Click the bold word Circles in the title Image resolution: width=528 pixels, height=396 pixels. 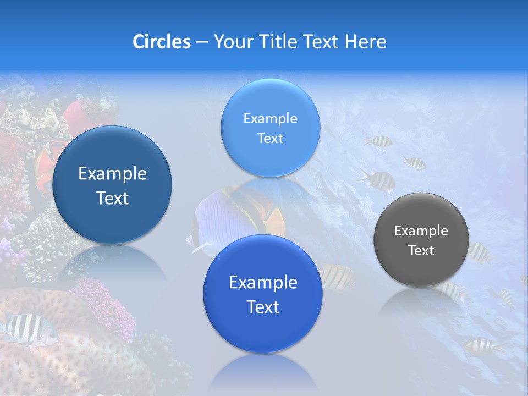click(161, 41)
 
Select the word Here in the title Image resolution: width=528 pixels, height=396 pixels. click(365, 41)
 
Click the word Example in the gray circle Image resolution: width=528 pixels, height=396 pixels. click(421, 231)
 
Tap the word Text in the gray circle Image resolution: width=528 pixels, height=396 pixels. click(421, 251)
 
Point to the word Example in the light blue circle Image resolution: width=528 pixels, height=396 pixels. click(270, 119)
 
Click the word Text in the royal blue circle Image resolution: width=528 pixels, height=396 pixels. click(263, 307)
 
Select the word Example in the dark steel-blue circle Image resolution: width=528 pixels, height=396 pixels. click(112, 174)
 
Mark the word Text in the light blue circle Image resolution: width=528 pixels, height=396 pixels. click(270, 139)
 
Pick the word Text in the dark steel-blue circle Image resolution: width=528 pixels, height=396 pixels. click(112, 198)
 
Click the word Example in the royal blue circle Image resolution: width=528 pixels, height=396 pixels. click(263, 283)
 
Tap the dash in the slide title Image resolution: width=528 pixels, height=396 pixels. click(201, 42)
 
